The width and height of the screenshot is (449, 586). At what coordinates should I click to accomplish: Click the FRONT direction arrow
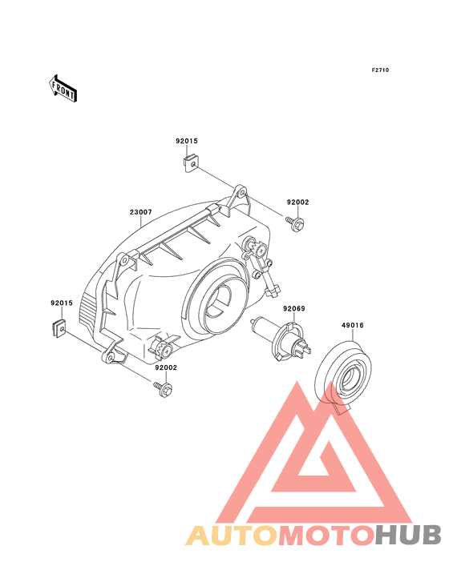click(x=63, y=88)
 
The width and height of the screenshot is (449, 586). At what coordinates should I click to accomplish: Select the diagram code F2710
click(x=380, y=70)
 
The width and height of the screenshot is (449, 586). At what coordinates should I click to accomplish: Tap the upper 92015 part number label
click(x=187, y=141)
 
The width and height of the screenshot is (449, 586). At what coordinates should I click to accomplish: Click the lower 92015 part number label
click(x=62, y=303)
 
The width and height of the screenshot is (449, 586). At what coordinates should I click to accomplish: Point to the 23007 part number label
click(x=141, y=212)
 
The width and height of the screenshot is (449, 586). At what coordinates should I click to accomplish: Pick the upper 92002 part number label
click(x=297, y=203)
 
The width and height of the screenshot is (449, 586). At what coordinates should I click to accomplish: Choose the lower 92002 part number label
click(x=166, y=367)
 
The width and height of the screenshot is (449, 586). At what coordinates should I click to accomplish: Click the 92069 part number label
click(x=294, y=309)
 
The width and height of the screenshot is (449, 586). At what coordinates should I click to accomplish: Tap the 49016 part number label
click(x=353, y=325)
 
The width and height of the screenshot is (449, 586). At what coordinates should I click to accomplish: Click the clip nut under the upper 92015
click(x=191, y=164)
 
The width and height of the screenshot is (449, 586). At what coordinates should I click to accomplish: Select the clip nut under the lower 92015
click(x=59, y=328)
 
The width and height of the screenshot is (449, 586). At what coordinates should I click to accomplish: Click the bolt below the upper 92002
click(x=295, y=223)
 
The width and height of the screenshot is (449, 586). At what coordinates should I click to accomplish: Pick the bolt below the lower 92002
click(x=163, y=388)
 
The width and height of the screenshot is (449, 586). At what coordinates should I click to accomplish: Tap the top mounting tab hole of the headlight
click(x=241, y=192)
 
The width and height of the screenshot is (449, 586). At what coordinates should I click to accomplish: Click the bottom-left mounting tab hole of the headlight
click(x=110, y=358)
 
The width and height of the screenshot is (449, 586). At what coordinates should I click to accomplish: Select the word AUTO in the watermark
click(x=232, y=536)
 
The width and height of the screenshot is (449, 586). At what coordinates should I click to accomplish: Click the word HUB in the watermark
click(x=409, y=536)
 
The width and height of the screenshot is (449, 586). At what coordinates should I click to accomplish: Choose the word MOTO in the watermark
click(x=327, y=536)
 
